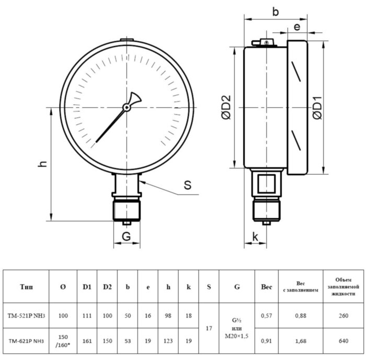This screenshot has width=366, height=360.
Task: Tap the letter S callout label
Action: click(187, 185)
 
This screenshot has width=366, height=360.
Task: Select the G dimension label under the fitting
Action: click(126, 237)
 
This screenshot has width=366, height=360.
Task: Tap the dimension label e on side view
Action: click(297, 27)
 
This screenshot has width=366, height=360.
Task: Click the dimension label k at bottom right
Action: click(255, 237)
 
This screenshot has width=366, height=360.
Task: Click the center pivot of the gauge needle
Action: click(127, 108)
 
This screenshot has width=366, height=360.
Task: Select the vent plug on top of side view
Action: click(266, 42)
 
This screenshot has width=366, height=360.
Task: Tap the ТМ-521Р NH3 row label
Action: click(27, 316)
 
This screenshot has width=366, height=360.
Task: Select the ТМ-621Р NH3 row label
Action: click(27, 341)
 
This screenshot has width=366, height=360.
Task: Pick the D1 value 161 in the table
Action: click(87, 341)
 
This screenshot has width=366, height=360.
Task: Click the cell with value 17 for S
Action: click(209, 328)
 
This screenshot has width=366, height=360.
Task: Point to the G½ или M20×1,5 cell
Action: click(237, 328)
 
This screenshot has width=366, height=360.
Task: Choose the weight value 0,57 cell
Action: click(267, 316)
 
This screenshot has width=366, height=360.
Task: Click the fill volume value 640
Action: click(343, 341)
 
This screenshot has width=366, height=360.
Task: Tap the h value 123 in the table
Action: click(168, 341)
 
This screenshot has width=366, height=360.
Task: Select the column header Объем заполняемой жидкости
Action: click(343, 287)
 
